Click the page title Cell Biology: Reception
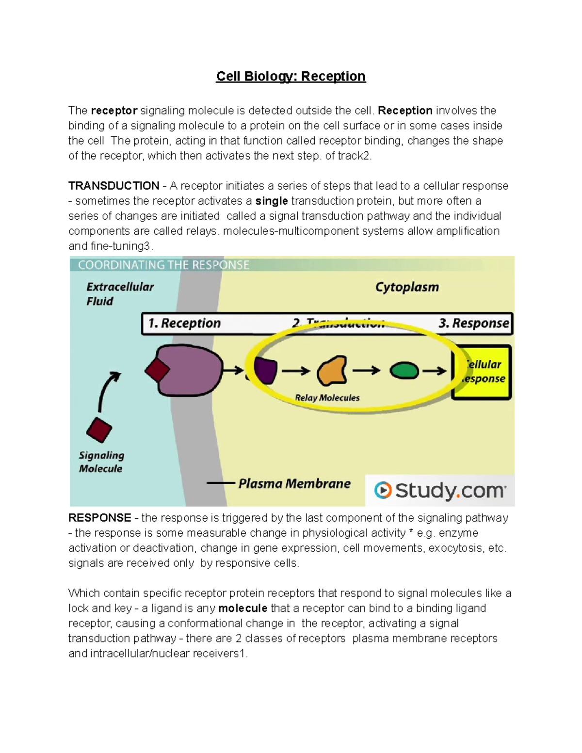point(291,76)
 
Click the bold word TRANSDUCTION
point(113,186)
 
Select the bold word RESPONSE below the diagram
point(99,518)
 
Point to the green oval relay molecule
point(404,371)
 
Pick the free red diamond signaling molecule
point(99,430)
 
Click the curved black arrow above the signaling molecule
point(107,390)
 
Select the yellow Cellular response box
point(482,372)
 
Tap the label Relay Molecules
point(327,398)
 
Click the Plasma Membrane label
point(294,483)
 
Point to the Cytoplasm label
point(407,287)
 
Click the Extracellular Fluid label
point(119,294)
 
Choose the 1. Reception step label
point(184,323)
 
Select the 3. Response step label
point(474,323)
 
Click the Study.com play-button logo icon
point(383,490)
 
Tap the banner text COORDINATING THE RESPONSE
point(163,265)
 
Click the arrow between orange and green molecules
point(366,371)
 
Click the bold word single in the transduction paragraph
point(272,201)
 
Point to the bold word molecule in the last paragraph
point(243,608)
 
